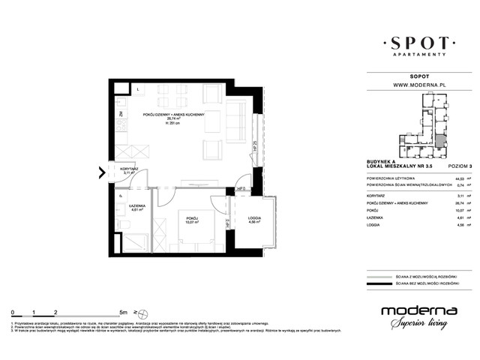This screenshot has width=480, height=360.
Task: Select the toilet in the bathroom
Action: pos(122,225)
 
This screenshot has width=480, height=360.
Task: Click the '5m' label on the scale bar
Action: pos(122,310)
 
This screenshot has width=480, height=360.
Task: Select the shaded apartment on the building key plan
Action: pos(441,139)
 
